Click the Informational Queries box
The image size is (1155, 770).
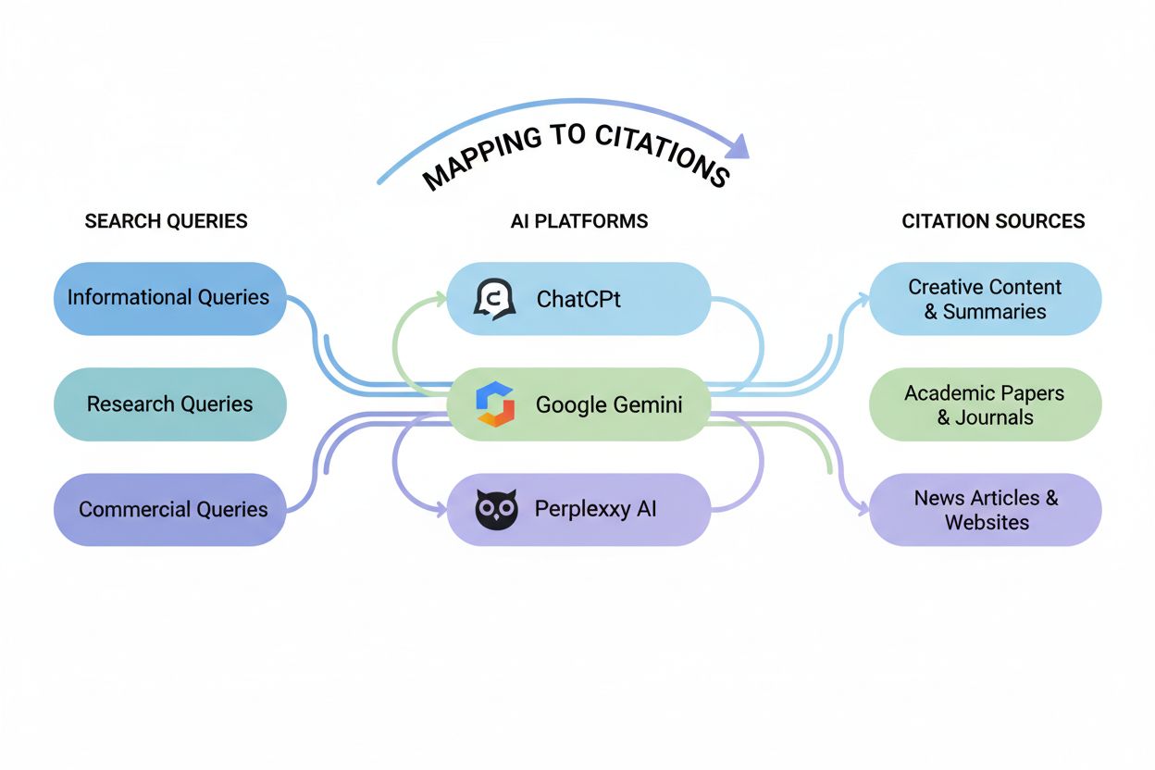coord(169,298)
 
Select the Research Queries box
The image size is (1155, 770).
coord(169,404)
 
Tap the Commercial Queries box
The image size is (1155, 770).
coord(169,509)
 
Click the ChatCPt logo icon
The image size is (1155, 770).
coord(494,299)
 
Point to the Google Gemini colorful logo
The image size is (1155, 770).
coord(494,405)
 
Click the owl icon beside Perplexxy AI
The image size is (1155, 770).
coord(496,509)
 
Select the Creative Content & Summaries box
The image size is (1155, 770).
coord(985,298)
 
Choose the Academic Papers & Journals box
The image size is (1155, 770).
coord(985,404)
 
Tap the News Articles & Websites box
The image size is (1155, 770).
coord(985,509)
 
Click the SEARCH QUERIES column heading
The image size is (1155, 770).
coord(166,221)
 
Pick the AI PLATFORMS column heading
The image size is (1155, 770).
coord(578,221)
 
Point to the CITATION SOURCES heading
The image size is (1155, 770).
coord(993,221)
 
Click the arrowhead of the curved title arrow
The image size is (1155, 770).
coord(737,145)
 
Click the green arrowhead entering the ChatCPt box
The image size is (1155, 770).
coord(441,298)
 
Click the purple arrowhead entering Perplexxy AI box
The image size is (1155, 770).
coord(441,509)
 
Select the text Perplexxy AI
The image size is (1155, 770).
coord(595,509)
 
